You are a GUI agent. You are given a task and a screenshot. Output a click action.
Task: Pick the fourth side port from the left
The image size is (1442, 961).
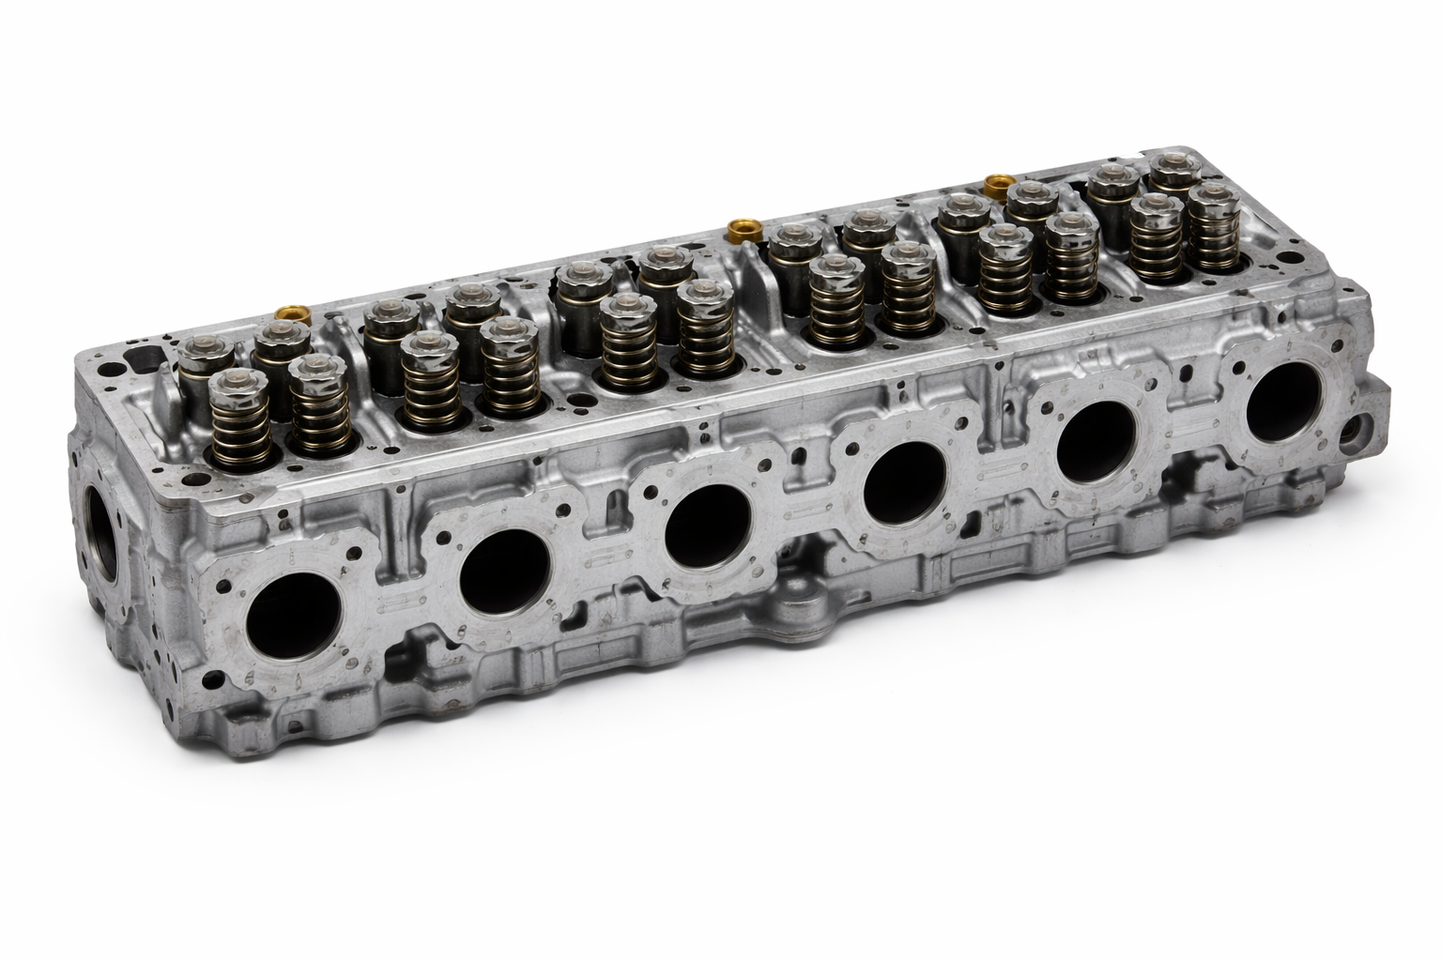point(905,480)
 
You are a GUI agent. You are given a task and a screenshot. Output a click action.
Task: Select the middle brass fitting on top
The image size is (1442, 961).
point(742,229)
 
